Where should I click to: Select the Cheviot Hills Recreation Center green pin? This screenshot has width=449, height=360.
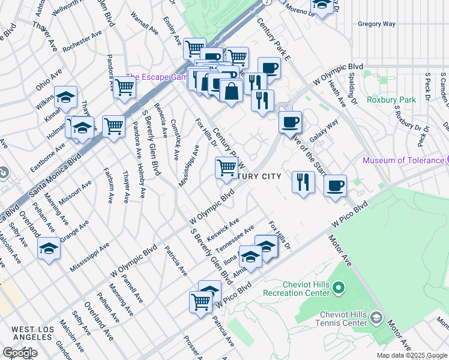point(338,289)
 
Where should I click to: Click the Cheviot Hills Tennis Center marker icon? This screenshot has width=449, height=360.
point(376,317)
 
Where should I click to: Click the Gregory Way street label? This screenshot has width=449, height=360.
point(376,24)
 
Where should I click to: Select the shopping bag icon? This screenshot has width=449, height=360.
point(231,92)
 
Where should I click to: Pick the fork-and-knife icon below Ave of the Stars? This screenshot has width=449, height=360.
point(303,182)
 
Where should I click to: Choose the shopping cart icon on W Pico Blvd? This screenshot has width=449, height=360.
point(200,302)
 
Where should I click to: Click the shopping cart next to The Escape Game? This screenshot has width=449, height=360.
point(124,87)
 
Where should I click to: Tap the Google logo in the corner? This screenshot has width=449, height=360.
point(20,353)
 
